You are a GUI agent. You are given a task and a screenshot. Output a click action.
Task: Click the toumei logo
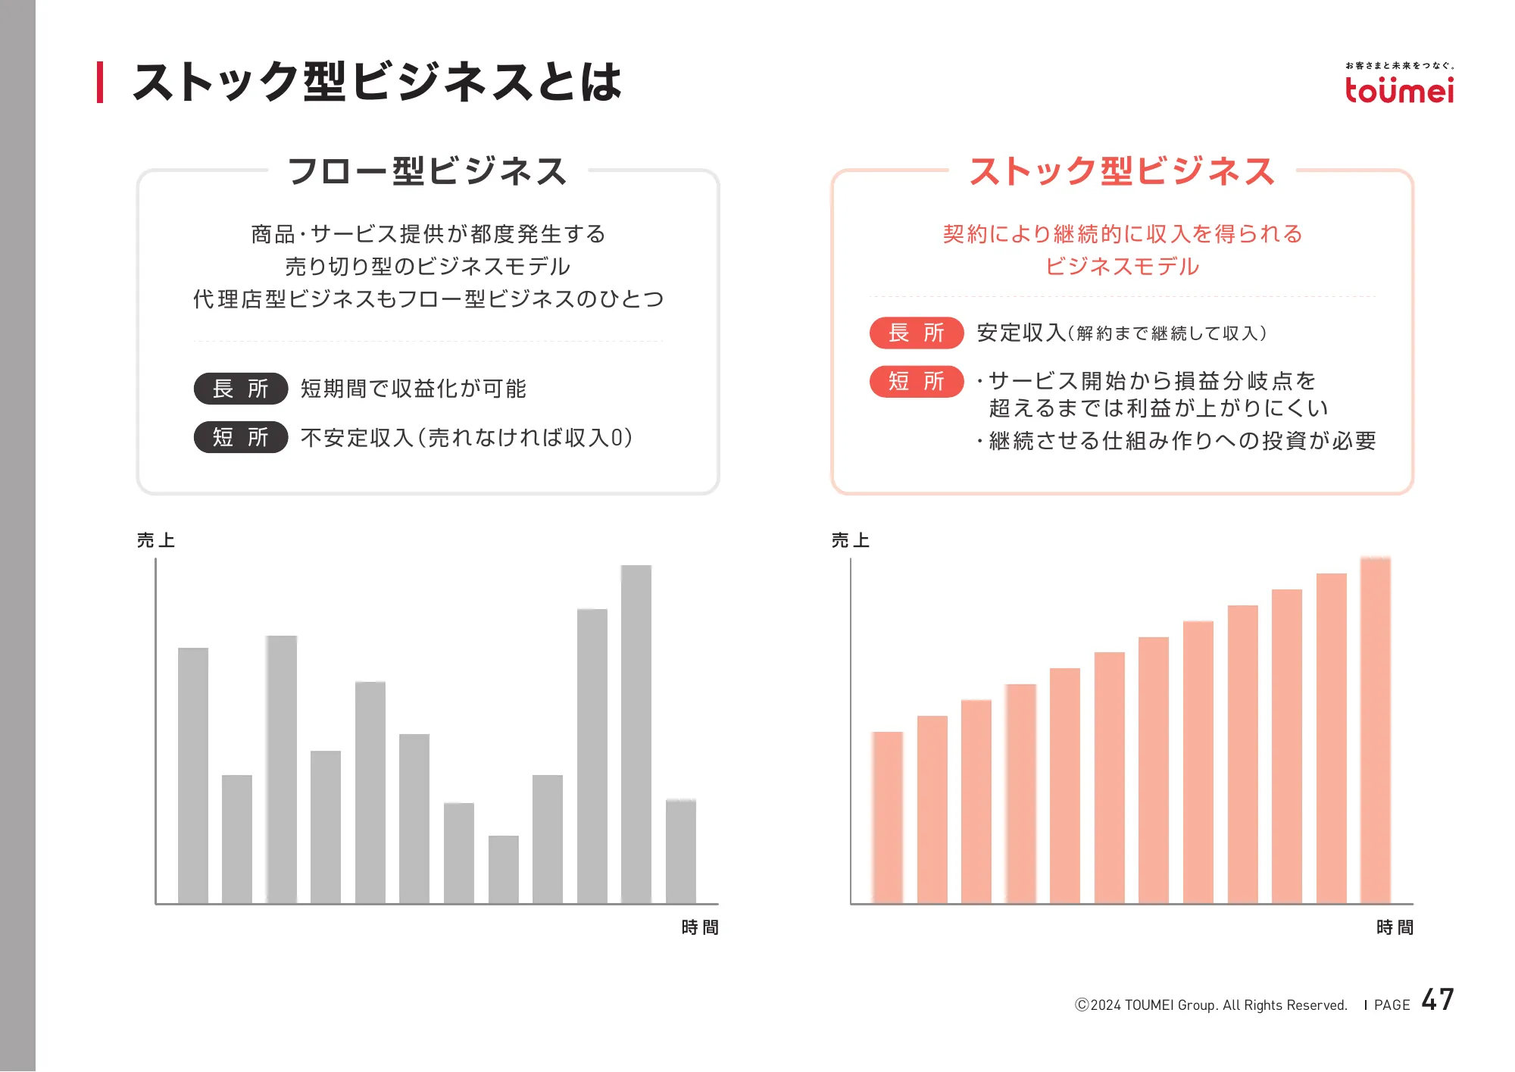[x=1399, y=89]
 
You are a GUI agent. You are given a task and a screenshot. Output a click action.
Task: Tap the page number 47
[x=1437, y=1000]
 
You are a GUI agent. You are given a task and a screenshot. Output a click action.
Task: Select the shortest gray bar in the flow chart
[x=503, y=869]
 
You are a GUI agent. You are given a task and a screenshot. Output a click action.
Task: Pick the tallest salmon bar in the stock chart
[x=1375, y=730]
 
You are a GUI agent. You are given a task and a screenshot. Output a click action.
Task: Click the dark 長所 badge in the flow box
[x=241, y=389]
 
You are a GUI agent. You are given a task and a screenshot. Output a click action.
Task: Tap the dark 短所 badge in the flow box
[x=241, y=437]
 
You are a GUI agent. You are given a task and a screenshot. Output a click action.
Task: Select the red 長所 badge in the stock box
[x=917, y=333]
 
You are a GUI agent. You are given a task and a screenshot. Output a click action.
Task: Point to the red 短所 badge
[x=917, y=381]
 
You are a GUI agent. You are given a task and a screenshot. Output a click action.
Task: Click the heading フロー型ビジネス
[x=427, y=171]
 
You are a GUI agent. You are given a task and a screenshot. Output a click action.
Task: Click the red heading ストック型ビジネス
[x=1122, y=171]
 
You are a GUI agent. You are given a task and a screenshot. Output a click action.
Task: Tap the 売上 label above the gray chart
[x=156, y=540]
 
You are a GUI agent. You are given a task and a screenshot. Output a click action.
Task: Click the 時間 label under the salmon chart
[x=1395, y=927]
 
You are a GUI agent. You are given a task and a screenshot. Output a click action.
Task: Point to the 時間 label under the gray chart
[x=700, y=927]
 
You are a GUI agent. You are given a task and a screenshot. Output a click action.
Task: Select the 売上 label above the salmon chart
[x=851, y=540]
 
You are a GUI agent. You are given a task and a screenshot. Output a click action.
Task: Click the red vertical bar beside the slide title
[x=100, y=82]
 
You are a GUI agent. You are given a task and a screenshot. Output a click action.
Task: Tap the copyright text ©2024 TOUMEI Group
[x=1210, y=1005]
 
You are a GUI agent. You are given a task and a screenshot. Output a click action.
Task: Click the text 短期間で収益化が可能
[x=414, y=389]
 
